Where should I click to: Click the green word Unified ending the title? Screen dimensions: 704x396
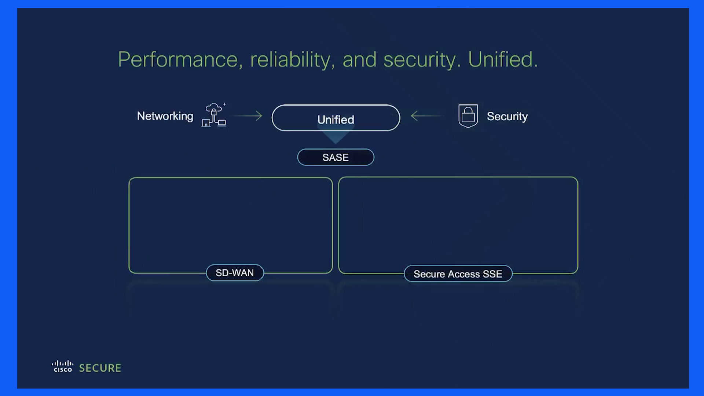tap(503, 59)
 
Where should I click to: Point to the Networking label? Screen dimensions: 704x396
tap(165, 117)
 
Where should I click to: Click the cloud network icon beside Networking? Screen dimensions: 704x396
tap(214, 115)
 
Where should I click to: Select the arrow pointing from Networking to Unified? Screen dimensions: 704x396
tap(247, 116)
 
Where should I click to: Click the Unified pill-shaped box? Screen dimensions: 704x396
tap(336, 118)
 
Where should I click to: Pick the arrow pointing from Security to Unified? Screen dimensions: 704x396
tap(427, 116)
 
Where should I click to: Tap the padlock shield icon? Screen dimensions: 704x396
tap(468, 116)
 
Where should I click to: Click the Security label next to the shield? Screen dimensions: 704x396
tap(507, 117)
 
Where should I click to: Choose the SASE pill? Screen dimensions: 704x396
tap(336, 157)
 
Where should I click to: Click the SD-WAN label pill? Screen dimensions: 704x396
tap(235, 273)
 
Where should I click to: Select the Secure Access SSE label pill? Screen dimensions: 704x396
tap(458, 274)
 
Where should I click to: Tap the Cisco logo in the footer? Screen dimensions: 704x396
tap(63, 367)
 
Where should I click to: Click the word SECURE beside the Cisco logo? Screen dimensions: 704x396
tap(100, 368)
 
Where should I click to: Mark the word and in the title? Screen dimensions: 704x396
tap(359, 60)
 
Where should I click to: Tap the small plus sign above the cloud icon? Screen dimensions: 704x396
tap(224, 104)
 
